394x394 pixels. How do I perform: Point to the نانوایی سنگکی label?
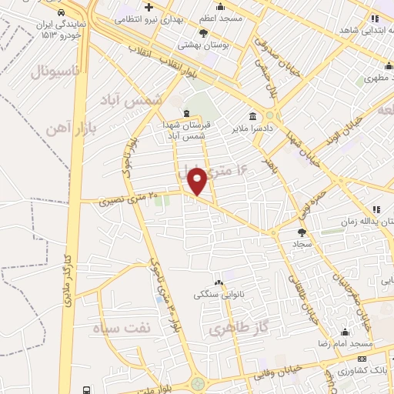click(x=219, y=294)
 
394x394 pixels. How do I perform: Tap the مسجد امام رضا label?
click(x=346, y=343)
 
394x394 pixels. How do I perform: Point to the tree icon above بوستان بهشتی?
click(x=203, y=32)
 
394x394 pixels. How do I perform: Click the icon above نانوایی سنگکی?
click(x=219, y=282)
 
